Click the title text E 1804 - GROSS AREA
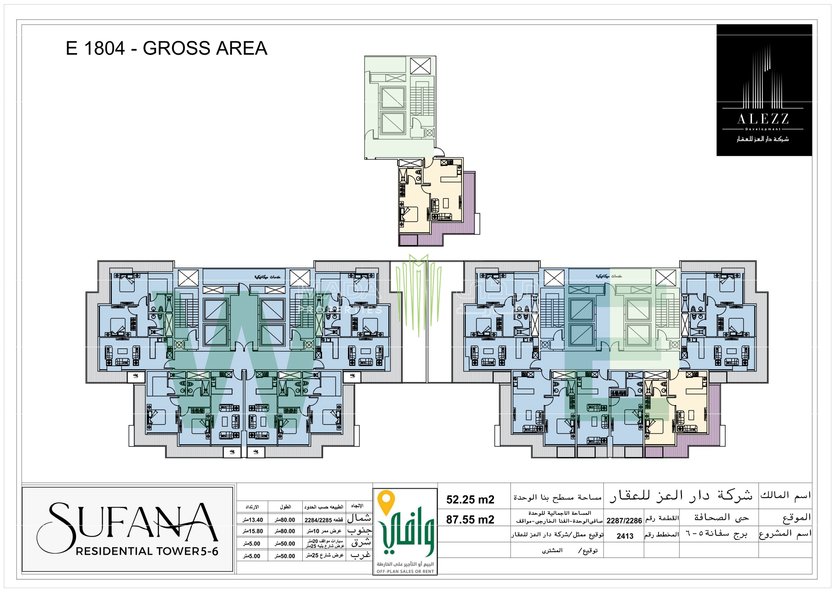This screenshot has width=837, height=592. click(x=167, y=49)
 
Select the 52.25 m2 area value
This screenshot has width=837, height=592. click(x=470, y=500)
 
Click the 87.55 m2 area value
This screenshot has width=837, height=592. click(x=470, y=520)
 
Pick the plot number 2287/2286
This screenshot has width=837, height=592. click(x=624, y=521)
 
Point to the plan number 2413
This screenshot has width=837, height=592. click(x=625, y=536)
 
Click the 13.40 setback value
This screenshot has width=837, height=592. click(x=253, y=520)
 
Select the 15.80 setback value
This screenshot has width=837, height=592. click(x=253, y=531)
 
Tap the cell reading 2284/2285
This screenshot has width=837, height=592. click(x=323, y=520)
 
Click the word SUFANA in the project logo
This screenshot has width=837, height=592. click(x=128, y=522)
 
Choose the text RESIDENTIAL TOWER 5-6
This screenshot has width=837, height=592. click(x=147, y=551)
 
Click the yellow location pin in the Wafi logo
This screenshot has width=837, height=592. click(x=386, y=502)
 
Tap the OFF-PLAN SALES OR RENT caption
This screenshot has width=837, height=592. click(x=405, y=572)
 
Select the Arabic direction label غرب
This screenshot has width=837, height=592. click(x=360, y=555)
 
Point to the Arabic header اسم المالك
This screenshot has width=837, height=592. click(x=786, y=495)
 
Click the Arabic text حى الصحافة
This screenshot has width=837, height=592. click(x=721, y=517)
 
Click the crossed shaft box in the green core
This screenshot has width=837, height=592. click(x=420, y=66)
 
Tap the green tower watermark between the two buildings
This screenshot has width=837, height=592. click(x=418, y=292)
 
